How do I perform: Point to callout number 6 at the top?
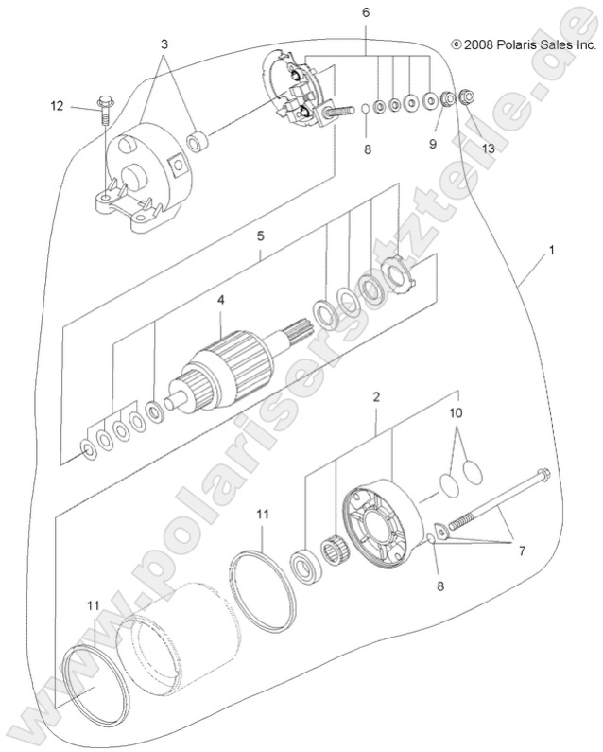[x=366, y=12]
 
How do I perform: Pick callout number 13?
[x=488, y=149]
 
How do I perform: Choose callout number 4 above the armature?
[x=220, y=300]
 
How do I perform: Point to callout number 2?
[x=375, y=397]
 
